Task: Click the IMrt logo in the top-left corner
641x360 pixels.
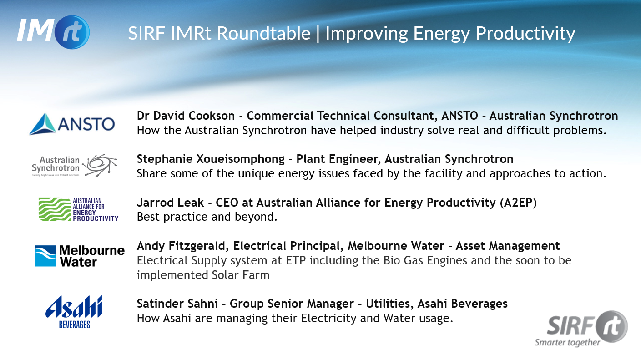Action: coord(53,32)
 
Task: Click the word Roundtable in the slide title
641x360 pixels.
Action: coord(263,33)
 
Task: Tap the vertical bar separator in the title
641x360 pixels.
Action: coord(318,34)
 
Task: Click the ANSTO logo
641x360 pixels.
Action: coord(72,124)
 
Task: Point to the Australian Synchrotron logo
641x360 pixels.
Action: coord(75,166)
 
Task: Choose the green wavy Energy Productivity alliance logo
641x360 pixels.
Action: coord(78,209)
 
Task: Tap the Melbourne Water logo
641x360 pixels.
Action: coord(80,256)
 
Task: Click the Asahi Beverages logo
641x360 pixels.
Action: coord(74,312)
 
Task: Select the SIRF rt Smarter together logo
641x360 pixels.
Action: coord(581,329)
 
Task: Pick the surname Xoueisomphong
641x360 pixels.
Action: coord(240,159)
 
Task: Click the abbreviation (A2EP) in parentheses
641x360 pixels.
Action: coord(518,203)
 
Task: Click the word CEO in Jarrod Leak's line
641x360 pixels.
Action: coord(227,203)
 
